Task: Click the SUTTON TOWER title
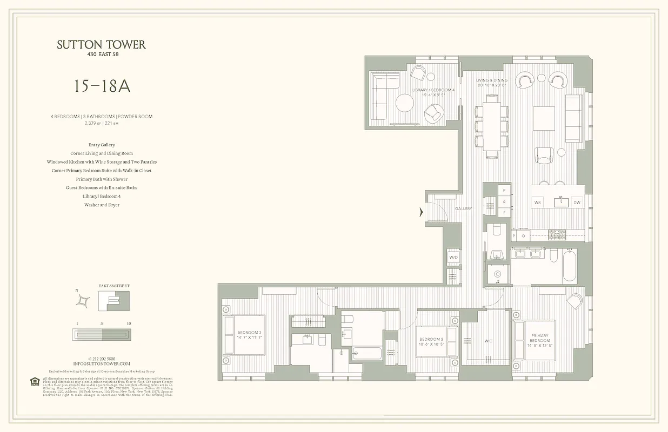tap(101, 45)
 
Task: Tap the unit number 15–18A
tap(102, 86)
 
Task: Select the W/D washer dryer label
tap(453, 258)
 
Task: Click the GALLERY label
tap(463, 208)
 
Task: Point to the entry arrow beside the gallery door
tap(421, 213)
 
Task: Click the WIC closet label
tap(488, 341)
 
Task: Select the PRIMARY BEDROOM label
tap(539, 338)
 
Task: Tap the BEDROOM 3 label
tap(249, 335)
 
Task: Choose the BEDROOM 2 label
tap(431, 341)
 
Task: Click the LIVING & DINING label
tap(492, 83)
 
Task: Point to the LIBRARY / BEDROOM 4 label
tap(433, 92)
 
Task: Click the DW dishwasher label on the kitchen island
tap(577, 202)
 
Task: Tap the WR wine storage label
tap(537, 202)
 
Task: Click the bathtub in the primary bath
tap(570, 265)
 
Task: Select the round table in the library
tap(404, 103)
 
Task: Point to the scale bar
tap(102, 335)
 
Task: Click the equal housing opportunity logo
tap(35, 382)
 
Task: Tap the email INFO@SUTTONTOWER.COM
tap(102, 364)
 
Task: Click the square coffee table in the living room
tap(544, 118)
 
